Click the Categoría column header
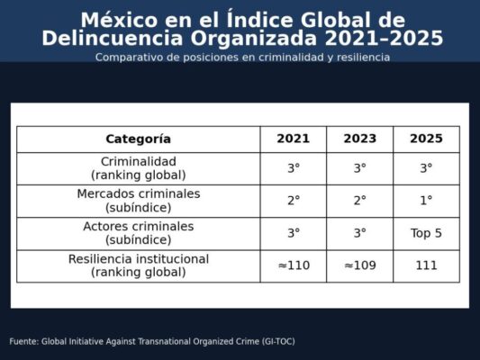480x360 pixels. [138, 139]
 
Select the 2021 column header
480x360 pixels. [294, 139]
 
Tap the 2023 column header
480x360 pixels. [359, 139]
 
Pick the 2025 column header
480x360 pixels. [426, 139]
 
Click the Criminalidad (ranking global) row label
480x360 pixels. [138, 168]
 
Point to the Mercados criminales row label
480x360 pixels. [138, 201]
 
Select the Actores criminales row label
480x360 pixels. [138, 233]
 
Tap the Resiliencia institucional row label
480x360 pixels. [138, 265]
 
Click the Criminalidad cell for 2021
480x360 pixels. [294, 168]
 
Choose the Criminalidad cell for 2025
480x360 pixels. [426, 168]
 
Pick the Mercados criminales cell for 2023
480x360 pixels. [359, 201]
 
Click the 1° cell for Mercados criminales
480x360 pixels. [426, 201]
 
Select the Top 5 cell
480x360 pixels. [426, 233]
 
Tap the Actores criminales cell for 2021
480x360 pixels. [294, 233]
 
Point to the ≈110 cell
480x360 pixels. [294, 265]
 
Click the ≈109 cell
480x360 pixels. [359, 265]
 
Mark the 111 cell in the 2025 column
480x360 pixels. [426, 265]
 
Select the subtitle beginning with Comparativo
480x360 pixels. [242, 57]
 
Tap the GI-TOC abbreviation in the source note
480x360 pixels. [275, 342]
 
